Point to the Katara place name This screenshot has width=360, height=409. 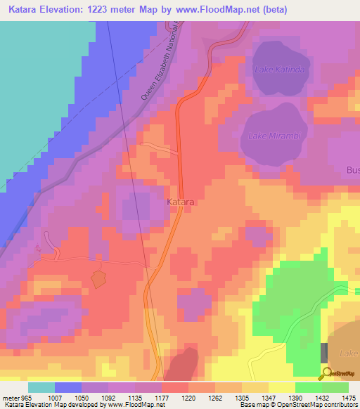point(181,202)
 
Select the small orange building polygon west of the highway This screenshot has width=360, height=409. point(98,279)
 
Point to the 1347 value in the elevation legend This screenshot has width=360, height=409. point(255,398)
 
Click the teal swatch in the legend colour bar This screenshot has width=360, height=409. point(41,387)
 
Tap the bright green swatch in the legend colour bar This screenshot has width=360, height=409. point(308,387)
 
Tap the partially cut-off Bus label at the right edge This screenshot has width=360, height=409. point(352,170)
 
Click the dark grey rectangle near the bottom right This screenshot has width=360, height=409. point(324,353)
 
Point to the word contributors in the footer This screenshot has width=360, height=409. point(342,405)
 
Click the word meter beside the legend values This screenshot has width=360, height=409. point(11,398)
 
